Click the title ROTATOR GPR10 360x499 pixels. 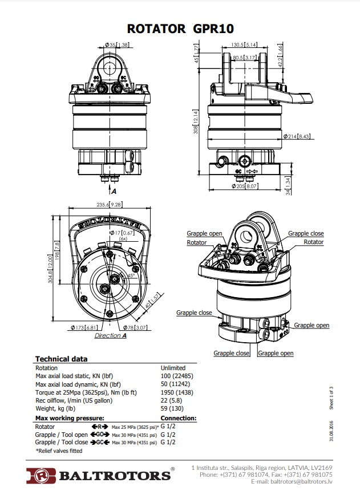180,28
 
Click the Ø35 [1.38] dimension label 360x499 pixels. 118,45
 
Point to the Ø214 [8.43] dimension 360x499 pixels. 298,136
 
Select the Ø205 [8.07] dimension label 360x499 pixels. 245,186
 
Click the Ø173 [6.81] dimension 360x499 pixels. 84,328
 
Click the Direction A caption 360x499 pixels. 110,336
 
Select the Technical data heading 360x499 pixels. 62,359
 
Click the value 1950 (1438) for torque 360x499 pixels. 176,392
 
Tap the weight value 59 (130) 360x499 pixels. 172,408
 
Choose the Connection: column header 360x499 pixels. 179,418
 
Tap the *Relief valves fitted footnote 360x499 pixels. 59,451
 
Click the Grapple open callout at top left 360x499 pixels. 204,234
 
